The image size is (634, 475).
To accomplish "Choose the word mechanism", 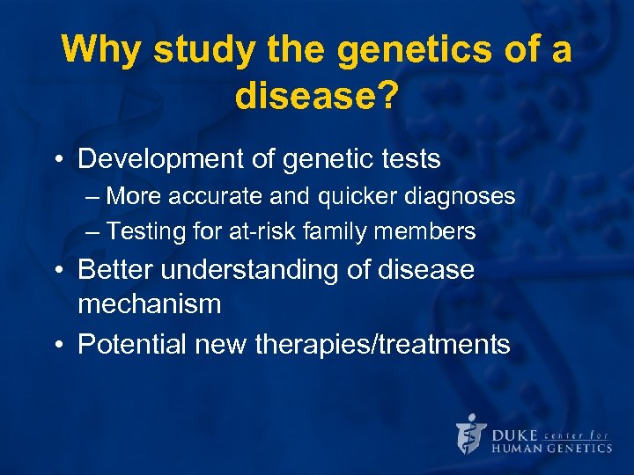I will point(149,304).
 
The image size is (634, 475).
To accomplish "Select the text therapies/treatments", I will point(382,344).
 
